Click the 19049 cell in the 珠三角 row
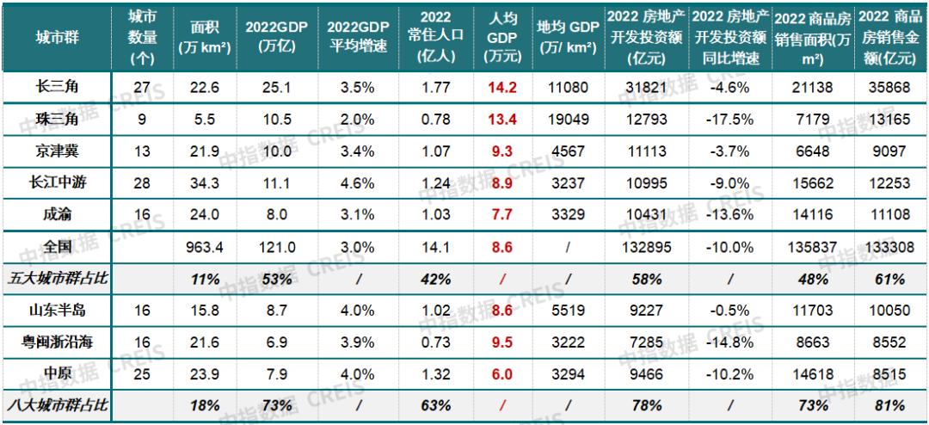point(569,119)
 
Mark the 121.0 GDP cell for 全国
point(276,248)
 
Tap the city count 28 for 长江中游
point(142,183)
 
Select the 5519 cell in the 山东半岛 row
point(569,310)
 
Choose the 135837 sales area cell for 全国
point(812,248)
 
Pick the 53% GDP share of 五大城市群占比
point(276,279)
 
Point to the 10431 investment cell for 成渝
point(648,214)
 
